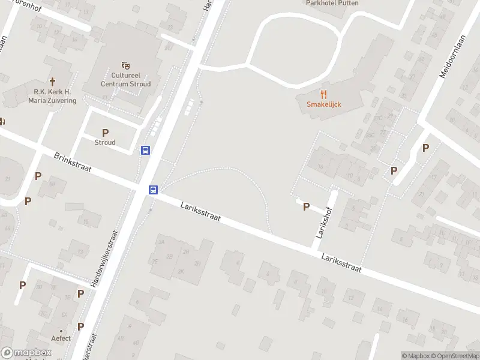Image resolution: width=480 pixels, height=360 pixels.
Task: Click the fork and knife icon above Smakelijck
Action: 324,94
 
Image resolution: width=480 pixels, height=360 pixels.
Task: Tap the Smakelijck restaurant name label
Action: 324,104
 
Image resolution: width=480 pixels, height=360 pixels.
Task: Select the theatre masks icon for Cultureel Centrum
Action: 125,65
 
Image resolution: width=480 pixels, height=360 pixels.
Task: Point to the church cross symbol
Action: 52,81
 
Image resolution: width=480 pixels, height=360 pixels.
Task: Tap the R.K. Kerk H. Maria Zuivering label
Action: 52,96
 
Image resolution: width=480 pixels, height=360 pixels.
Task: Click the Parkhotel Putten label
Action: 332,3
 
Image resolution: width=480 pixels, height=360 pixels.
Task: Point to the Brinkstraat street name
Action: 72,162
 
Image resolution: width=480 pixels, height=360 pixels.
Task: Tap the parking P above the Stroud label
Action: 105,133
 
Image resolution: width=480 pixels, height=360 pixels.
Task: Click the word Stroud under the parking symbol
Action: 105,143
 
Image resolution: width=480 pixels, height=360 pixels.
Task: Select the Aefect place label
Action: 61,338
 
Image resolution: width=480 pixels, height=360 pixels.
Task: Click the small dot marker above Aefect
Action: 61,330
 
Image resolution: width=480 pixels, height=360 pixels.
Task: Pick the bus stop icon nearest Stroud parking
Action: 145,150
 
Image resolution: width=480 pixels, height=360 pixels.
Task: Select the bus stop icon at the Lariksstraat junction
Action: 154,190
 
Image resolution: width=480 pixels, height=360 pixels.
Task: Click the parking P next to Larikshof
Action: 306,206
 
